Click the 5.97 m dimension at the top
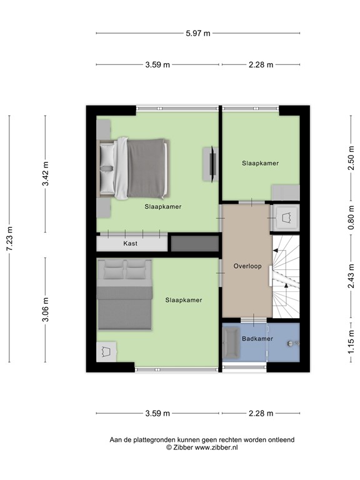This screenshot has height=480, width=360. tap(197, 33)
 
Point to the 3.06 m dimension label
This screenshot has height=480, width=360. tap(45, 309)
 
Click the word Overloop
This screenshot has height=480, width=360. tap(247, 266)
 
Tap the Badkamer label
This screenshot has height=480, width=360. tap(257, 339)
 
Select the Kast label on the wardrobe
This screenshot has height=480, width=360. tap(130, 244)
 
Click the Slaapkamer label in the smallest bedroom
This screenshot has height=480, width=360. tap(260, 163)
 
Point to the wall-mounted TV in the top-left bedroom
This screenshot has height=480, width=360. tap(212, 163)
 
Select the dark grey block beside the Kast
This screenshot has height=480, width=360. tap(194, 244)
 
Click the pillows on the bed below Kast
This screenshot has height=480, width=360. tap(124, 271)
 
